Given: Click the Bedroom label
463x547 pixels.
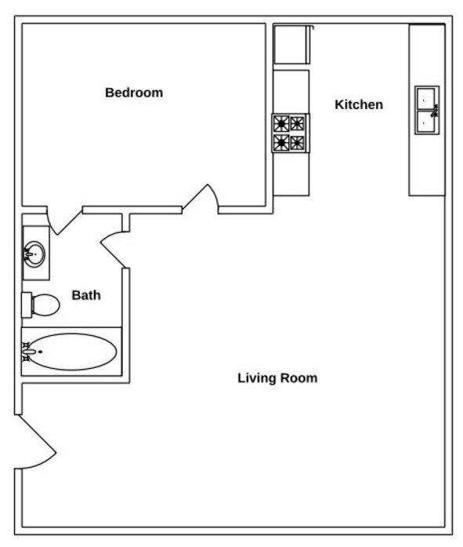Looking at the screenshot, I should (134, 93).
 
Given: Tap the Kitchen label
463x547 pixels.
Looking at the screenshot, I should (359, 104).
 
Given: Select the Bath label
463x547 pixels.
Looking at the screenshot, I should (86, 296).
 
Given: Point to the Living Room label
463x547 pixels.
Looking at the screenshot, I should (277, 378).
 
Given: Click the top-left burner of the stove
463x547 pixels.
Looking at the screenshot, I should (281, 123).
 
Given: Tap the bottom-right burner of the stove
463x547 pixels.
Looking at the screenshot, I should (298, 142).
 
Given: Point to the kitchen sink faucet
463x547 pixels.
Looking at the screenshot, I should (434, 111).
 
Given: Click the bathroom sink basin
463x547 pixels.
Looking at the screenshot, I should (33, 253).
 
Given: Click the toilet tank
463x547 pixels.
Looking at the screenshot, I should (26, 303).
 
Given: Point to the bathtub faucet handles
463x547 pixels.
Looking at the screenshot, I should (27, 352).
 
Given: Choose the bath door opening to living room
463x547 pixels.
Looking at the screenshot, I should (114, 246).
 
